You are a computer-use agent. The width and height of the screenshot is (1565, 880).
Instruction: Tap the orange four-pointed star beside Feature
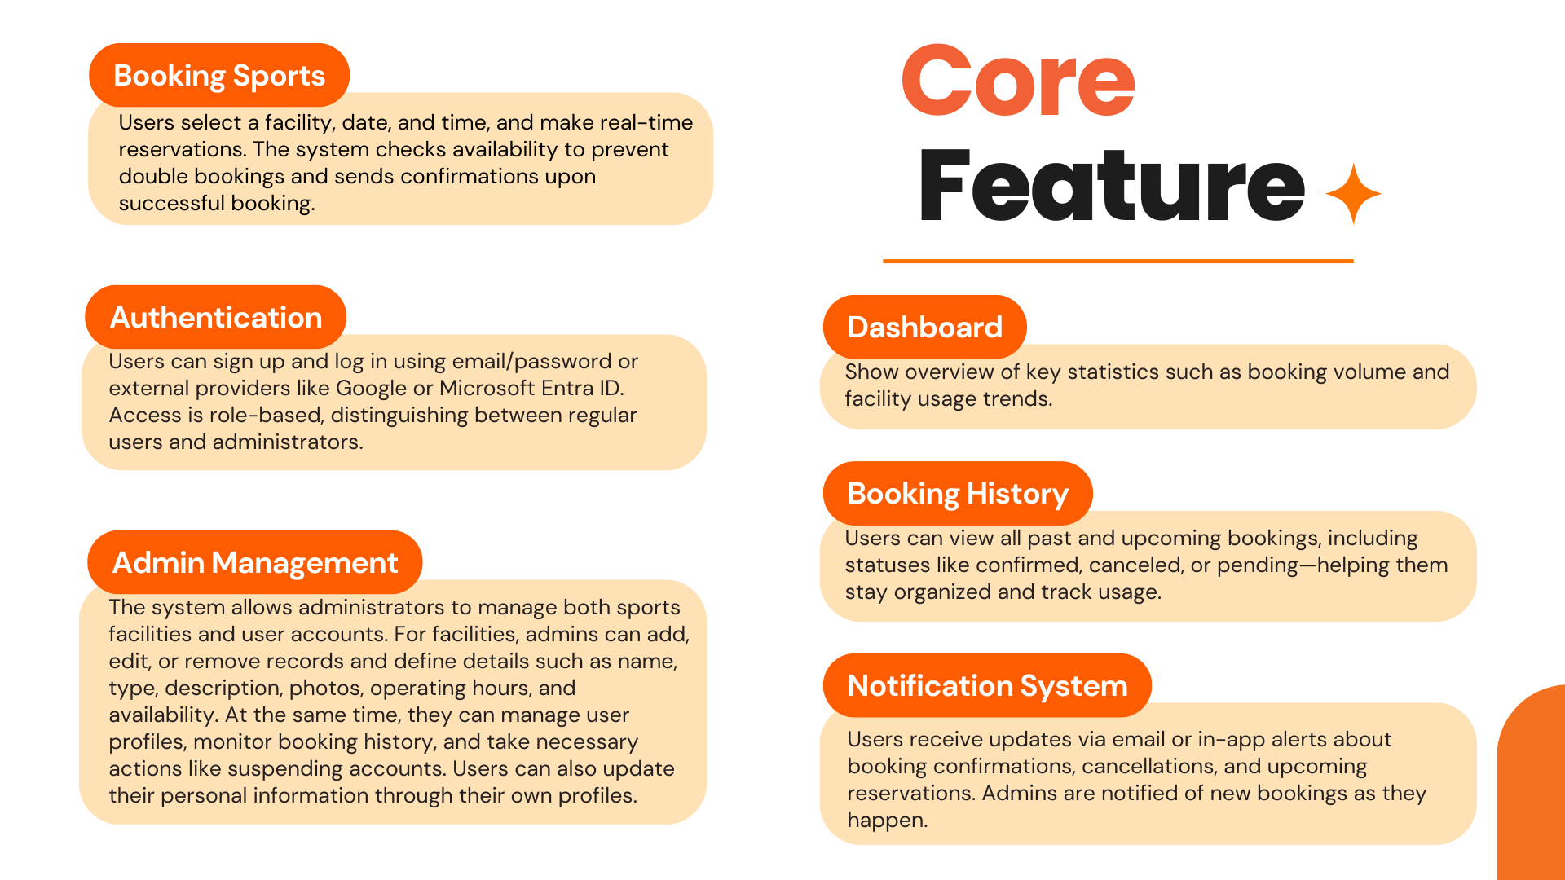point(1353,194)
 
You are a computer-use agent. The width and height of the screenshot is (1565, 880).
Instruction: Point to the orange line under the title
point(1118,261)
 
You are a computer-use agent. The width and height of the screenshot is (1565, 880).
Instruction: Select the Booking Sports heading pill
point(219,75)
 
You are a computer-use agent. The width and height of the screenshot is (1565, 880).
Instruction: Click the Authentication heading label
point(216,317)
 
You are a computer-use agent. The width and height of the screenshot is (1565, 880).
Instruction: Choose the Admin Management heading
point(255,562)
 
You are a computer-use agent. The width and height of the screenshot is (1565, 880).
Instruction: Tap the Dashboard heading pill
point(925,327)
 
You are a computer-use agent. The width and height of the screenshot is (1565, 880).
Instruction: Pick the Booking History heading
point(958,493)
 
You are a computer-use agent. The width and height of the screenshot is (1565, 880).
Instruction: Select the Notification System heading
point(988,685)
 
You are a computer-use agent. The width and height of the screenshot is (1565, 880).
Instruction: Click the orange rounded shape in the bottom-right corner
point(1532,782)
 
